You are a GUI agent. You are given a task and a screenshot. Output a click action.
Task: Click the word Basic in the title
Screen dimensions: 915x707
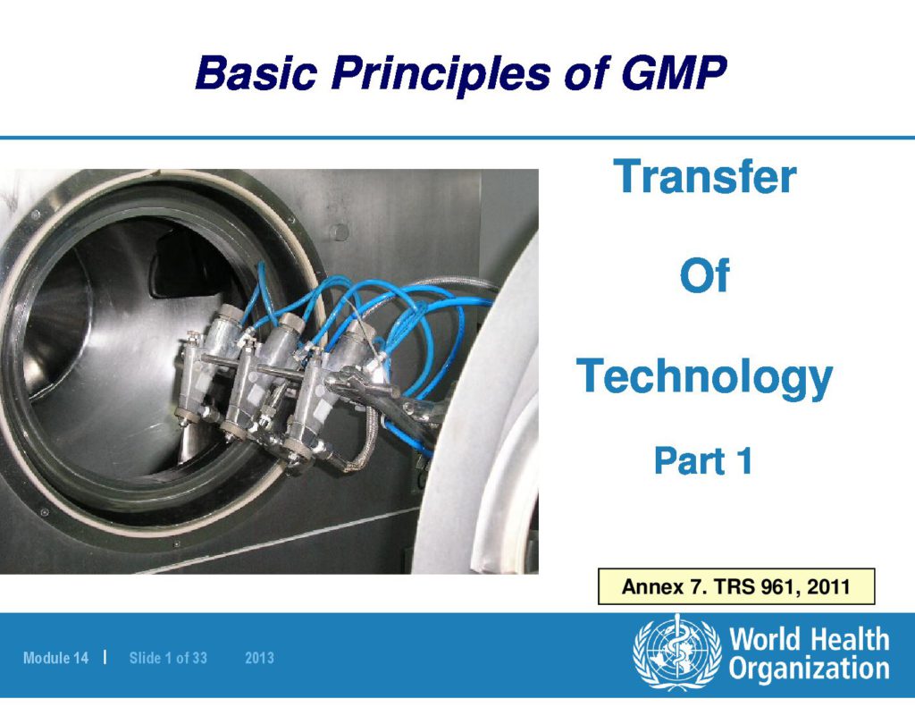click(x=256, y=72)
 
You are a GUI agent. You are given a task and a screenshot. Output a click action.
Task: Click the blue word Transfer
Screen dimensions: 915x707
click(x=705, y=176)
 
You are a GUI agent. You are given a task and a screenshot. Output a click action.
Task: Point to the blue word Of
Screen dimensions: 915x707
click(x=704, y=275)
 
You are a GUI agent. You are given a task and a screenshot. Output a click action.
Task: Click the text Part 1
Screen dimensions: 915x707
click(x=703, y=460)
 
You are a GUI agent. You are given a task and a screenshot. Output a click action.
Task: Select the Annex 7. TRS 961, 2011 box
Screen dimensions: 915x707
click(x=736, y=586)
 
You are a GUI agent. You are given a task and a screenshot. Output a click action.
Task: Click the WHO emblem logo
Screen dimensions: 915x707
click(x=677, y=652)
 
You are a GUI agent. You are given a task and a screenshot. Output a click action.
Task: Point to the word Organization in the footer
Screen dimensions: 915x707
click(x=809, y=669)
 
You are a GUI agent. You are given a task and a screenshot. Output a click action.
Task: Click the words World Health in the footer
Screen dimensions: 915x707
click(x=810, y=639)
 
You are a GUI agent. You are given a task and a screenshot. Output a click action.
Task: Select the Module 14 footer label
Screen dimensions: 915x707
click(x=56, y=658)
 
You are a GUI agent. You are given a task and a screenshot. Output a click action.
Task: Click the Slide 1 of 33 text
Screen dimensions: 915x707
click(x=168, y=658)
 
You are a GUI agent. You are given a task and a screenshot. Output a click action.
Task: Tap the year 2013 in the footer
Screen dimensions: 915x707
click(x=260, y=658)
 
